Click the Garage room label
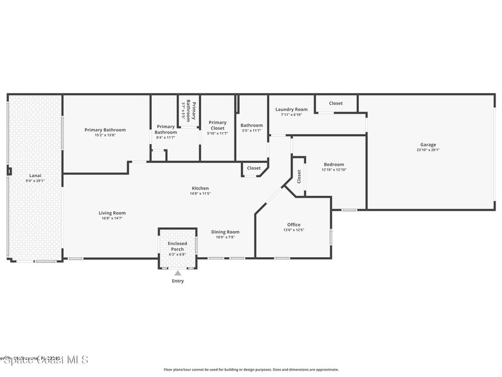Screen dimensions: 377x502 [x=427, y=145]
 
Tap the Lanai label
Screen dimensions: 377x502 [x=35, y=175]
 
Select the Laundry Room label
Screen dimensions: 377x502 [x=291, y=109]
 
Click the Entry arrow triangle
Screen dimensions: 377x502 [x=178, y=273]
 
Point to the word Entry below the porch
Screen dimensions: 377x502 [x=178, y=281]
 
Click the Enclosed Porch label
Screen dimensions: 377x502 [x=177, y=246]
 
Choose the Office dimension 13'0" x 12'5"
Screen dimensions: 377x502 [x=294, y=230]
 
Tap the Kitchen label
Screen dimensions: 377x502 [x=200, y=188]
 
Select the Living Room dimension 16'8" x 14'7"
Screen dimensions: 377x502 [x=112, y=218]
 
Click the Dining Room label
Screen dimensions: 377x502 [x=226, y=232]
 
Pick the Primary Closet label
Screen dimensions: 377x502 [x=218, y=125]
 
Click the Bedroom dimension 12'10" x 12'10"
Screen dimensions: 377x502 [x=334, y=170]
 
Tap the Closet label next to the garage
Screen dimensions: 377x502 [x=336, y=103]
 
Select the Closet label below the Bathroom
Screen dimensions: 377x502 [x=254, y=168]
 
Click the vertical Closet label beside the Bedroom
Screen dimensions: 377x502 [x=299, y=177]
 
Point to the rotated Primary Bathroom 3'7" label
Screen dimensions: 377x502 [x=189, y=111]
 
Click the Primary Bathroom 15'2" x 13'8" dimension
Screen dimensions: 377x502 [x=105, y=135]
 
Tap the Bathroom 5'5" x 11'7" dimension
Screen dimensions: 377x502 [x=251, y=131]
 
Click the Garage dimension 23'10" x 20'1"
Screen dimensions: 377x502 [x=427, y=150]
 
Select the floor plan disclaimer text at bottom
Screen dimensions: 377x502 [x=251, y=370]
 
